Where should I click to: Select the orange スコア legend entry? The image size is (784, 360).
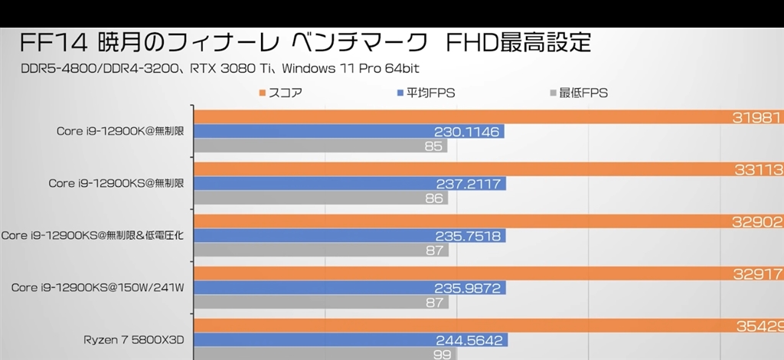point(281,93)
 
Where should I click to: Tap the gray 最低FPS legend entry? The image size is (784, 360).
point(577,93)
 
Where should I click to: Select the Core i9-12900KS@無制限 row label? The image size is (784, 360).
point(116,183)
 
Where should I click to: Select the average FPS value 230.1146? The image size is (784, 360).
point(466,132)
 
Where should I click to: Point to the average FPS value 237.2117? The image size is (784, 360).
point(466,184)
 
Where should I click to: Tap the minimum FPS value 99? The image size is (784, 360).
point(443,354)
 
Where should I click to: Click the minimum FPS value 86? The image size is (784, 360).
point(433,198)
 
